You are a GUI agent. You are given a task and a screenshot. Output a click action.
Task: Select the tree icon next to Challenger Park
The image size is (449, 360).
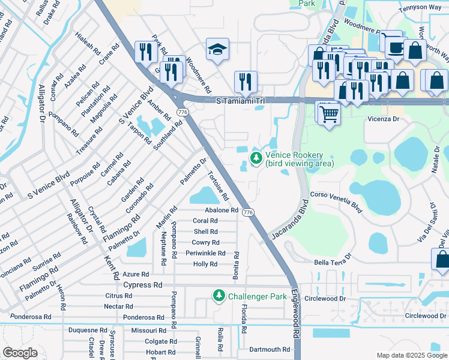[219, 296]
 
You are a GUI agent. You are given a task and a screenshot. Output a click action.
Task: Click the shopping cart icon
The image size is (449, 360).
[328, 113]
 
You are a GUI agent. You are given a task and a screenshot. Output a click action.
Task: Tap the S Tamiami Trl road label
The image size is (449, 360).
[240, 101]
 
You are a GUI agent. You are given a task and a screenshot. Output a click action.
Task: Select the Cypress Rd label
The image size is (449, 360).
[143, 285]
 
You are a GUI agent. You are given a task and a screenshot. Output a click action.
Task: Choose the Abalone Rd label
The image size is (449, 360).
[221, 210]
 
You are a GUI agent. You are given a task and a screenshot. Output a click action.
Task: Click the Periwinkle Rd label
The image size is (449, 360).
[205, 253]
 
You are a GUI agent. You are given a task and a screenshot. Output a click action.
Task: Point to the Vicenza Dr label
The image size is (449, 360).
[384, 119]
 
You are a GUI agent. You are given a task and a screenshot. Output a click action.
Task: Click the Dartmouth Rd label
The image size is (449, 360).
[269, 349]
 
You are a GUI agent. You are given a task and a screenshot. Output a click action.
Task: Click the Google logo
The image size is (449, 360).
[20, 353]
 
